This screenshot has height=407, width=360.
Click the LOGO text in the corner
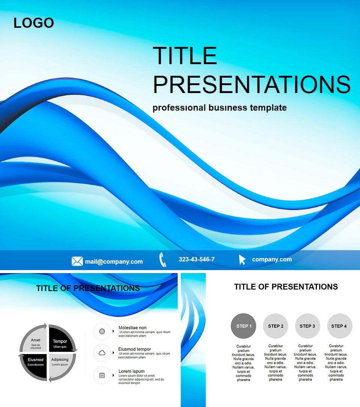click(x=34, y=23)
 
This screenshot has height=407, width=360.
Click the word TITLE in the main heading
click(x=185, y=56)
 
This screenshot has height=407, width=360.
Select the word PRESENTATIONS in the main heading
click(x=252, y=84)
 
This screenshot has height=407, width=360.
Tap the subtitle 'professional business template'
click(x=219, y=108)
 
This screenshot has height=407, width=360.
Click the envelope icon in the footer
click(x=77, y=261)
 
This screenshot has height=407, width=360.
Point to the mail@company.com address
click(x=114, y=261)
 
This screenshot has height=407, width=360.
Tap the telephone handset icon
click(x=162, y=260)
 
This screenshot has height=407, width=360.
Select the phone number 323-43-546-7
click(x=196, y=259)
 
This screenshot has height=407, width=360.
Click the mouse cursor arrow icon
click(x=242, y=260)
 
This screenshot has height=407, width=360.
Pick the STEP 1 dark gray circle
click(x=244, y=326)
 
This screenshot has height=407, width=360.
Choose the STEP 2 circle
click(x=276, y=326)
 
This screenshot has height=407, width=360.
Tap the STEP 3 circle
click(x=307, y=326)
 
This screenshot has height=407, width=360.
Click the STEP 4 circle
click(x=339, y=326)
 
